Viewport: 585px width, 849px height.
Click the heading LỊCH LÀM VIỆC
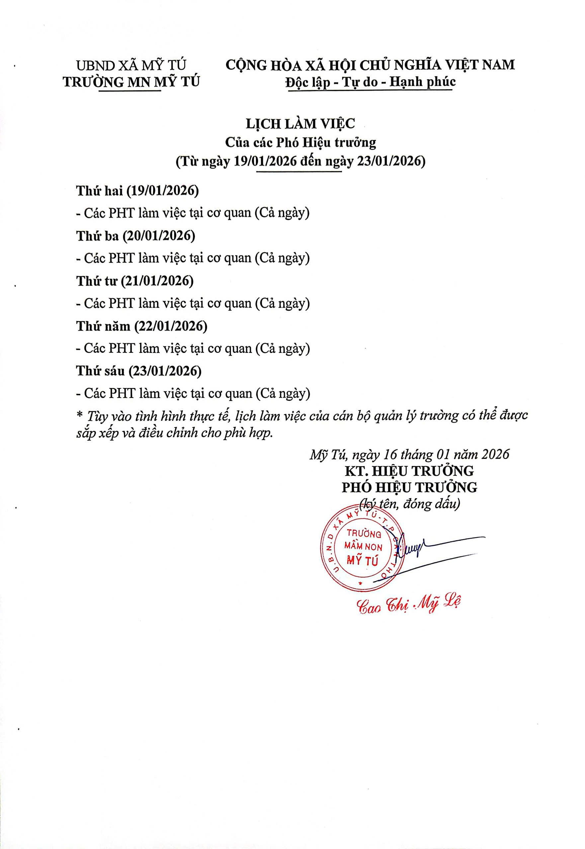click(300, 124)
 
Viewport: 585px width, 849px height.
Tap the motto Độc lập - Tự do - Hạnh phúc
click(370, 82)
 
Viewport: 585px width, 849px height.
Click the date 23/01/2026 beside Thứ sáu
click(165, 371)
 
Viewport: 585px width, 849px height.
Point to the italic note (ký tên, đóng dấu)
click(409, 504)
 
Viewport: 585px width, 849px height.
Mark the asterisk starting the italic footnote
click(80, 415)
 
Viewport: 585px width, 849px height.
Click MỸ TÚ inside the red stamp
click(362, 560)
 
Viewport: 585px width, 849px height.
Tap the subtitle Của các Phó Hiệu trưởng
click(300, 142)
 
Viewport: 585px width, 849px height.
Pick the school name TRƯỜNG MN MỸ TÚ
click(131, 82)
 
